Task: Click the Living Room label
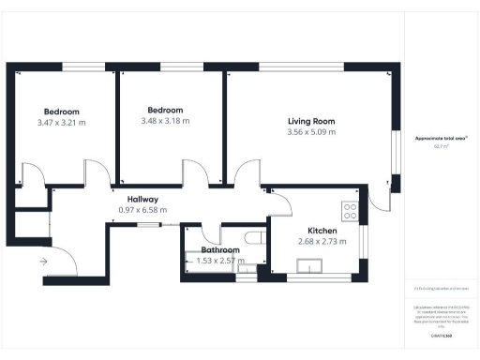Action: pyautogui.click(x=310, y=121)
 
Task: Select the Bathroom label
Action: pyautogui.click(x=220, y=250)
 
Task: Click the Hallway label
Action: pyautogui.click(x=138, y=199)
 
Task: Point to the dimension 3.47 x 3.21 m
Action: pyautogui.click(x=62, y=122)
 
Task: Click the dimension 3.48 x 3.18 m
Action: pyautogui.click(x=165, y=120)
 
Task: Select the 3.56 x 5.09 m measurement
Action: pyautogui.click(x=311, y=132)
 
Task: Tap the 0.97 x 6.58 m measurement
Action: pyautogui.click(x=137, y=210)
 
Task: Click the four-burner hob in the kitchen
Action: pyautogui.click(x=352, y=211)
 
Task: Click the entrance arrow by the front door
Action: pyautogui.click(x=42, y=261)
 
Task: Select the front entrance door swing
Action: pyautogui.click(x=62, y=258)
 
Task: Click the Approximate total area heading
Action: pyautogui.click(x=441, y=138)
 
